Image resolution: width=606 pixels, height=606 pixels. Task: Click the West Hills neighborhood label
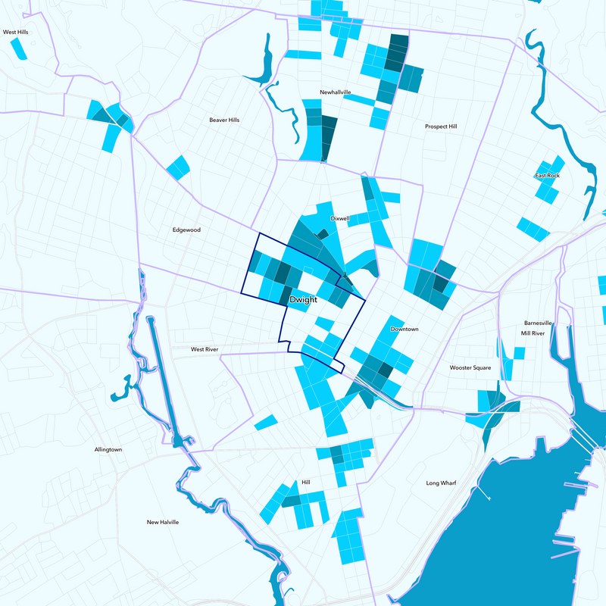(15, 33)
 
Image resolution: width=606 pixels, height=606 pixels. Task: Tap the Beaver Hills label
(224, 120)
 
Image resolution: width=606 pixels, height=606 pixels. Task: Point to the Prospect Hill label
(441, 127)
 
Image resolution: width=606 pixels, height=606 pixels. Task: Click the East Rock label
(547, 176)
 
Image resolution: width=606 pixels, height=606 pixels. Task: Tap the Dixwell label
(340, 218)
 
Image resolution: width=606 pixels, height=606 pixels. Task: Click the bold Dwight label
(302, 300)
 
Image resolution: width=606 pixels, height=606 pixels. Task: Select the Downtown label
(405, 330)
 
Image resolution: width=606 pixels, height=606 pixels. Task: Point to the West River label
(205, 350)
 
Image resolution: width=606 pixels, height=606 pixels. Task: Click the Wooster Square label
(470, 367)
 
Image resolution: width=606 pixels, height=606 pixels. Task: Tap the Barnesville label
(538, 323)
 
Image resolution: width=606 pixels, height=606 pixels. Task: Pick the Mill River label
(533, 333)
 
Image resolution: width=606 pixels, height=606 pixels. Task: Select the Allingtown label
(108, 449)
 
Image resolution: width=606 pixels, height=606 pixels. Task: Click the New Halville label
(163, 522)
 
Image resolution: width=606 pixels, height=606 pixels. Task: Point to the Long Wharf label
(442, 483)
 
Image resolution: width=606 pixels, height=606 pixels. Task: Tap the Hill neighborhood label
(306, 482)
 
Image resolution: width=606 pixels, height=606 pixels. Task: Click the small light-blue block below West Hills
(19, 48)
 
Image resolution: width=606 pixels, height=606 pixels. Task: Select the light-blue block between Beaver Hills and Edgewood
(177, 167)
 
